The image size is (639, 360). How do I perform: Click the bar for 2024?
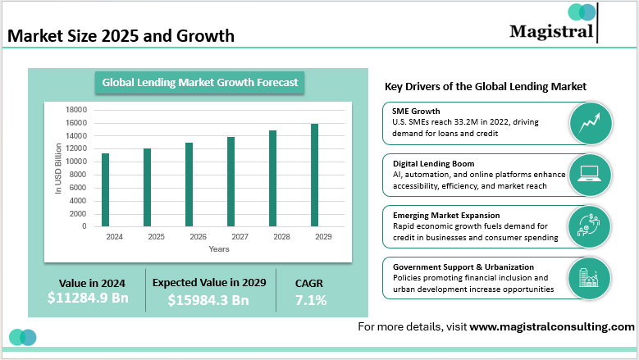pyautogui.click(x=105, y=189)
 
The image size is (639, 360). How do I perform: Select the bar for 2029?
pyautogui.click(x=315, y=175)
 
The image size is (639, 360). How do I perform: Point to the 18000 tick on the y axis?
pyautogui.click(x=76, y=109)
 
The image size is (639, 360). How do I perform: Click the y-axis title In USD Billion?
pyautogui.click(x=59, y=168)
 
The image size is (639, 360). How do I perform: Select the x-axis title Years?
pyautogui.click(x=219, y=248)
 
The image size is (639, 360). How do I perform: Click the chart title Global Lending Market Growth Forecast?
pyautogui.click(x=200, y=82)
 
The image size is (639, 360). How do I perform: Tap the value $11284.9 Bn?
pyautogui.click(x=88, y=298)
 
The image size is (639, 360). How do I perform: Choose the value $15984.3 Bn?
pyautogui.click(x=208, y=299)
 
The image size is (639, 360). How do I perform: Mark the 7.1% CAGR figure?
pyautogui.click(x=311, y=300)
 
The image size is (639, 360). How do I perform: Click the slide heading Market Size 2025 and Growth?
pyautogui.click(x=121, y=36)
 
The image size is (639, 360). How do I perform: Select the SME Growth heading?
pyautogui.click(x=416, y=111)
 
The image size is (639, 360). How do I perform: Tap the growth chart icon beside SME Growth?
pyautogui.click(x=590, y=123)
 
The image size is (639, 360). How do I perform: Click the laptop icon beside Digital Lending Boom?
pyautogui.click(x=590, y=175)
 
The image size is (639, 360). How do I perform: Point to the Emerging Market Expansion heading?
pyautogui.click(x=448, y=215)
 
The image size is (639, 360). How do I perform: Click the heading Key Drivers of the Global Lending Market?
pyautogui.click(x=485, y=87)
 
